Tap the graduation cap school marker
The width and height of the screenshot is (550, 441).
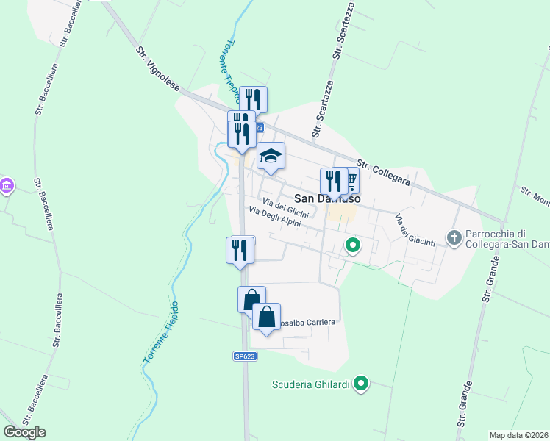(x=271, y=156)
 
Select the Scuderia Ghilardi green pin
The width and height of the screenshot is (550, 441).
(x=361, y=384)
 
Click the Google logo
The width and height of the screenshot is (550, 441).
(x=24, y=432)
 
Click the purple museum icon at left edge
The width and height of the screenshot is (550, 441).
(x=7, y=187)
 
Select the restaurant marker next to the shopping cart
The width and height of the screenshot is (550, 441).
(x=333, y=181)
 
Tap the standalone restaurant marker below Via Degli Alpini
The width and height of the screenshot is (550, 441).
(x=240, y=250)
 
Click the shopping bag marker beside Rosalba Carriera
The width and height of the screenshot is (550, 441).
(x=266, y=318)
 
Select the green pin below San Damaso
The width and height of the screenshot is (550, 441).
(x=353, y=246)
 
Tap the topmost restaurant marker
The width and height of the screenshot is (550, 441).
(x=253, y=99)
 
